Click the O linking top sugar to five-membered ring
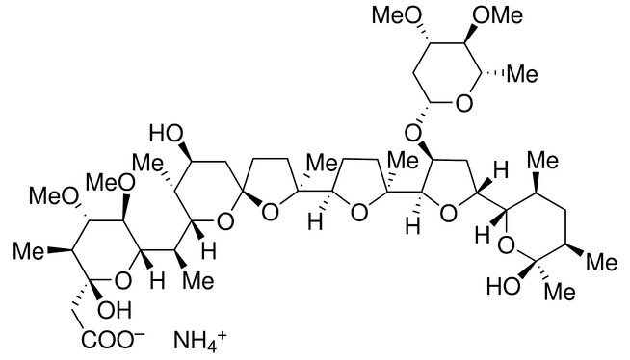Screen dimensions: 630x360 pyautogui.click(x=415, y=127)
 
